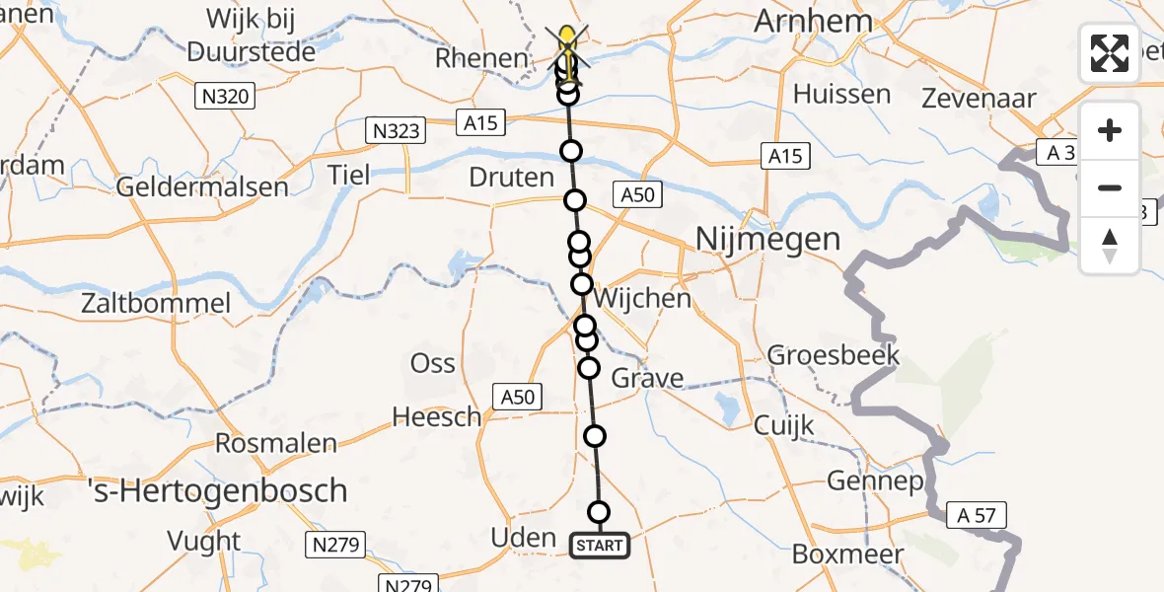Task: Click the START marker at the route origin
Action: (599, 546)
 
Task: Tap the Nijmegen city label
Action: (768, 239)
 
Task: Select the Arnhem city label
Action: (813, 22)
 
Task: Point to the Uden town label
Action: (523, 538)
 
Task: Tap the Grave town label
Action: (647, 378)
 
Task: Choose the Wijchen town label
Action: (643, 298)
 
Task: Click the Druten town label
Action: (513, 178)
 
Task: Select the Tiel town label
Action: (349, 176)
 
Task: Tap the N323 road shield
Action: (394, 130)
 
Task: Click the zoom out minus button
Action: (1110, 188)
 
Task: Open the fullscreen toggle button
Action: (1110, 53)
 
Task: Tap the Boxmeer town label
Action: (834, 555)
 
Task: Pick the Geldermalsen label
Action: (202, 186)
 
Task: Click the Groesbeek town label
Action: (820, 355)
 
